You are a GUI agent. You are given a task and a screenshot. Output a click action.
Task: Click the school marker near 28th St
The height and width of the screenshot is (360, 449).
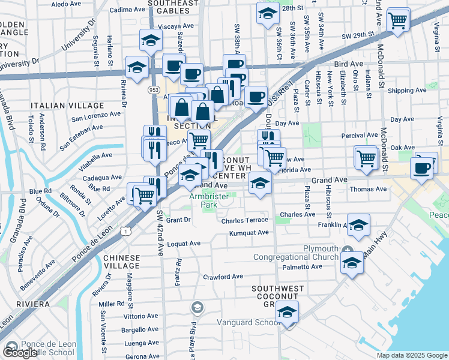pos(268,14)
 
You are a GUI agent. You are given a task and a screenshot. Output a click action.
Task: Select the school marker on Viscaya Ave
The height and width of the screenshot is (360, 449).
pos(151,41)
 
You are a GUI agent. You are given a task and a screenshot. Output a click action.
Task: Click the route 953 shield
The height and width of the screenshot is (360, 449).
pos(155,89)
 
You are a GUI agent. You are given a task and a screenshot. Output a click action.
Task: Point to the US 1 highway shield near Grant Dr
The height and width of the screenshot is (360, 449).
pos(124,230)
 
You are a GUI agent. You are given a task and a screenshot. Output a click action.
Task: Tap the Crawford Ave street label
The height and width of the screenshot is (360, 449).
pos(223,277)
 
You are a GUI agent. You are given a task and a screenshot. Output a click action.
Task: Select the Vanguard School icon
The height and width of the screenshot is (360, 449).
pos(197,308)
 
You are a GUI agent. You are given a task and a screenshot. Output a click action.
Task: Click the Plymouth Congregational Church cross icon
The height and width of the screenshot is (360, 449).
pos(348,249)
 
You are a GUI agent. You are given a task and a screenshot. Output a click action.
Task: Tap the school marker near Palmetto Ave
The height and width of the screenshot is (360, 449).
pos(352,262)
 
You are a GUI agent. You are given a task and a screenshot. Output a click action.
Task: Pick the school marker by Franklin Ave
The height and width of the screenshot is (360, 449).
pos(358,225)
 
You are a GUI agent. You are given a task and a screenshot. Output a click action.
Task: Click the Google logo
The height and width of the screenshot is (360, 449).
pos(20,352)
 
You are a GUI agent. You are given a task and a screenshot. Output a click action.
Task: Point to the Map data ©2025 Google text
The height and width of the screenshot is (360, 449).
pos(412,355)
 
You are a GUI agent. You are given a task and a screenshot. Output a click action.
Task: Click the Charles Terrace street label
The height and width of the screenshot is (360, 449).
pos(244,220)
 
